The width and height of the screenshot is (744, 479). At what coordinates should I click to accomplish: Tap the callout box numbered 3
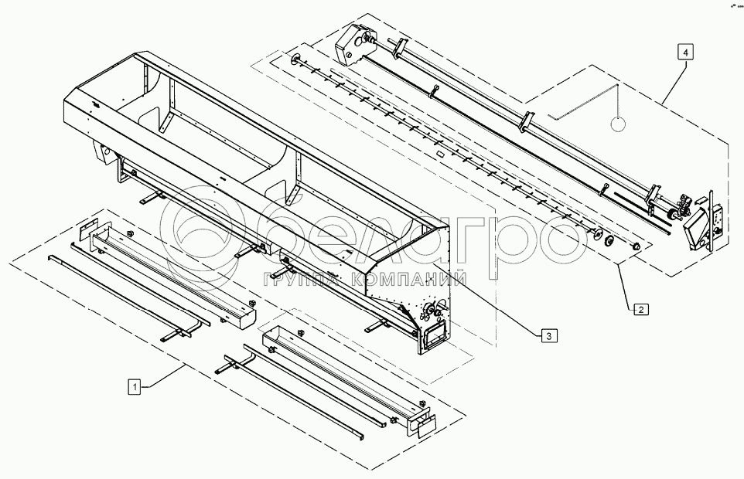pyautogui.click(x=547, y=335)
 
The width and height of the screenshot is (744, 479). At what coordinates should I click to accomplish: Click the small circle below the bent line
pyautogui.click(x=618, y=123)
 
